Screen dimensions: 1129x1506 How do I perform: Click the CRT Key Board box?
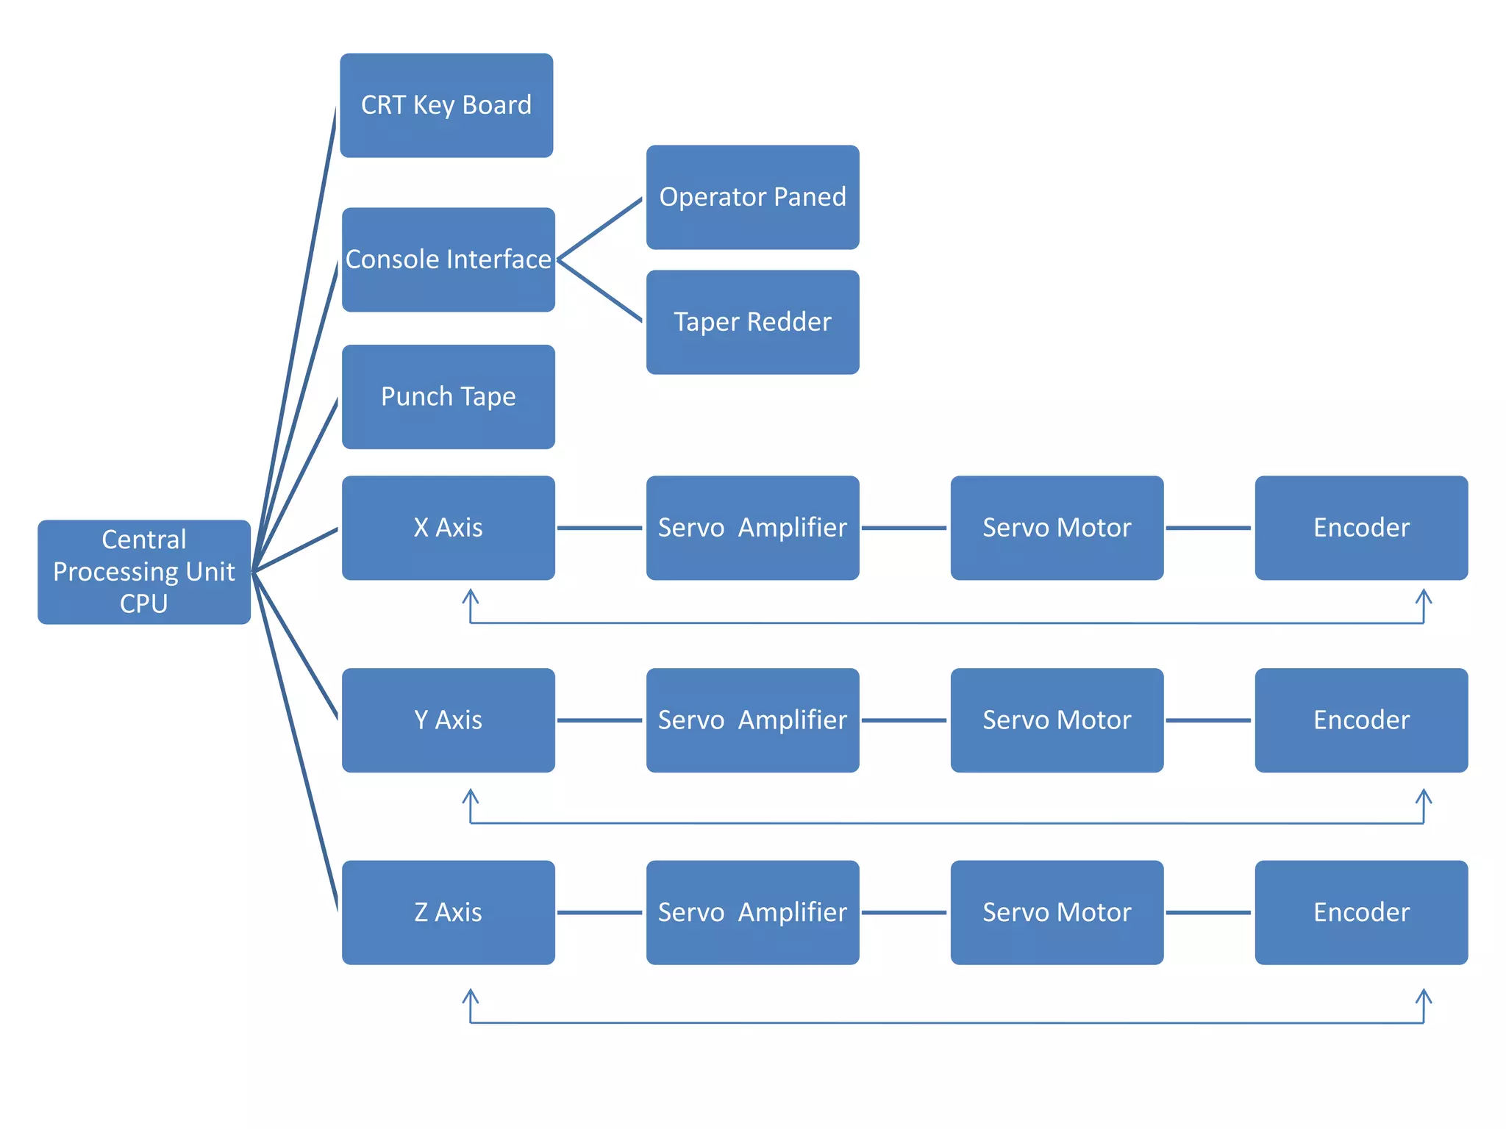tap(446, 105)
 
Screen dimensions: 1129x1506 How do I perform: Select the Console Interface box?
tap(448, 259)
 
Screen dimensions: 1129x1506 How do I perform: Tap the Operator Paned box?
tap(752, 197)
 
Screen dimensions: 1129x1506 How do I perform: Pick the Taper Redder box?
tap(752, 322)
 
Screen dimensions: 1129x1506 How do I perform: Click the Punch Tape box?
tap(448, 397)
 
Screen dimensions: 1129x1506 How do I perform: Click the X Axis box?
tap(448, 528)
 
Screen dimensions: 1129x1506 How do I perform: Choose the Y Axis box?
tap(448, 720)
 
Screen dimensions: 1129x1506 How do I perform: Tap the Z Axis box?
tap(448, 912)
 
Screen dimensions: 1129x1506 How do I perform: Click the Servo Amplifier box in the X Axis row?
tap(752, 528)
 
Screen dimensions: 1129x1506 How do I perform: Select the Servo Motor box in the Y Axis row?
tap(1057, 720)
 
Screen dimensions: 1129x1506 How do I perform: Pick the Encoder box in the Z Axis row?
tap(1361, 912)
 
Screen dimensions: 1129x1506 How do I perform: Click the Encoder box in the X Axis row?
tap(1361, 528)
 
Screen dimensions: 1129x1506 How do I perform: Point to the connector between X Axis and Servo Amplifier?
tap(600, 528)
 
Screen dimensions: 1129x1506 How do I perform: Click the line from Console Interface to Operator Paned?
tap(600, 229)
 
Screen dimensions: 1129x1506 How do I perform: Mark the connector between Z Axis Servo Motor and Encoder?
tap(1208, 912)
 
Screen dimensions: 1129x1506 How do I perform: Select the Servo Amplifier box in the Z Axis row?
tap(752, 912)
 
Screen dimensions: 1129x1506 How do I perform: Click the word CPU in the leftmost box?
tap(144, 603)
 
